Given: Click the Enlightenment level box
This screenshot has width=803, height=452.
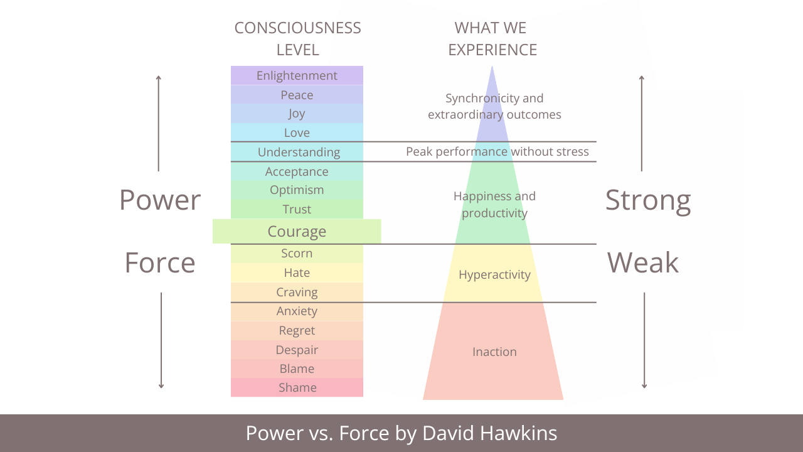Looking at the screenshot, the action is (x=297, y=75).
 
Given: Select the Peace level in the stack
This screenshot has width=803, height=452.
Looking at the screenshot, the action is (x=297, y=95).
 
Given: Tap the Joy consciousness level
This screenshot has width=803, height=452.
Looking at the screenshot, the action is (x=297, y=114).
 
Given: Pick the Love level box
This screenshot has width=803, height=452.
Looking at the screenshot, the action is (x=297, y=132).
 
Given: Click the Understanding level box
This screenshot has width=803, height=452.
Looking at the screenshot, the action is (x=299, y=152).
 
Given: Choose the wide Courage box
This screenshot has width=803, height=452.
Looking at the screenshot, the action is (x=297, y=231).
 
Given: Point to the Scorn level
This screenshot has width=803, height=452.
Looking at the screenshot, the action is (x=297, y=253).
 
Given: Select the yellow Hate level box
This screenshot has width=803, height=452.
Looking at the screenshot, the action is (x=297, y=272).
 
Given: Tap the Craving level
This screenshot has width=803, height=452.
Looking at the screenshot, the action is (x=297, y=292).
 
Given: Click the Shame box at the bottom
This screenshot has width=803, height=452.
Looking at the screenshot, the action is (x=297, y=387).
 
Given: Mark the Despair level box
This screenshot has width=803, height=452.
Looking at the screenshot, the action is (x=297, y=350).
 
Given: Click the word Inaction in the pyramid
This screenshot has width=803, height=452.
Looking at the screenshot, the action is (x=494, y=352).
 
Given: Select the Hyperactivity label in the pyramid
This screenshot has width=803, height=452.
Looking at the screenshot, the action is (x=494, y=274).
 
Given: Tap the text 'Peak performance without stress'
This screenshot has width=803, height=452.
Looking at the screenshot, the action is (x=497, y=151).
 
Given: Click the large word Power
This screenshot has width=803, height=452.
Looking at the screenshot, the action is (x=160, y=200).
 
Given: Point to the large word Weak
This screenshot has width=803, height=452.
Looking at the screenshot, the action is (x=643, y=262).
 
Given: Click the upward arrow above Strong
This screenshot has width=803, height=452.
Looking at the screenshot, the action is (x=641, y=122).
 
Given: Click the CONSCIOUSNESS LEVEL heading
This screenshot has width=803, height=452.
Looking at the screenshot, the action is (x=297, y=38).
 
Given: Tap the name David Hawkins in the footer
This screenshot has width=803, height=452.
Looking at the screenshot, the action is (x=489, y=433).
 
